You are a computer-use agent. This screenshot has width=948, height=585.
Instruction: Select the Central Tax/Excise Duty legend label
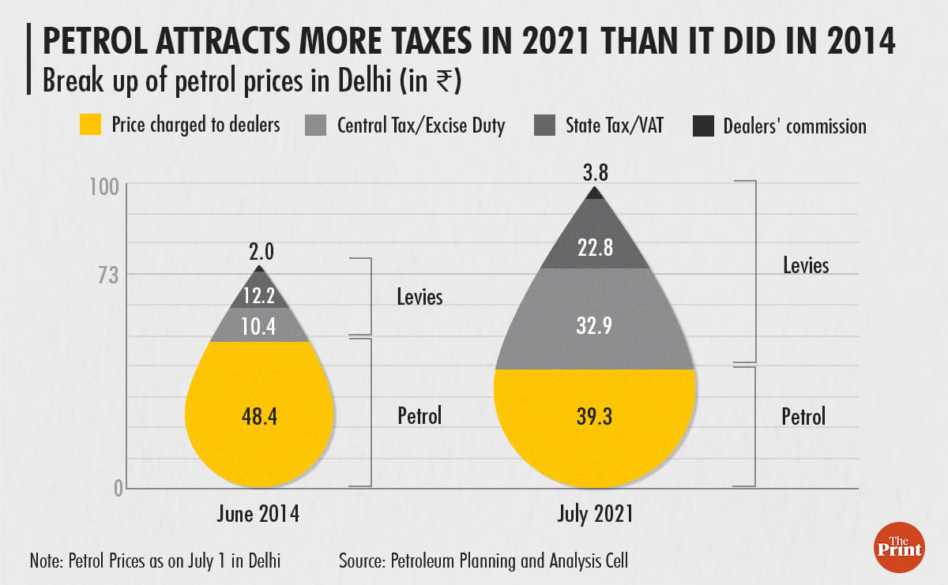(x=420, y=126)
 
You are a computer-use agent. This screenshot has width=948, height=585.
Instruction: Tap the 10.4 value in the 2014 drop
(x=259, y=326)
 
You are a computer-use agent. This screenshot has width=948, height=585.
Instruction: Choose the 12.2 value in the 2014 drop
(x=259, y=297)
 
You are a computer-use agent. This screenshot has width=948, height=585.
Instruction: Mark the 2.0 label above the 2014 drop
(x=259, y=253)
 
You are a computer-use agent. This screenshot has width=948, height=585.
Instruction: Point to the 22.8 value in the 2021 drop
(x=594, y=248)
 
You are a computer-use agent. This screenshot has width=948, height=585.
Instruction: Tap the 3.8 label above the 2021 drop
(x=595, y=171)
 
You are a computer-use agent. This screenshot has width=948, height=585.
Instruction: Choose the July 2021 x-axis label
(x=595, y=515)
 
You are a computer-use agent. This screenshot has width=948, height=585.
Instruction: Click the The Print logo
(x=901, y=545)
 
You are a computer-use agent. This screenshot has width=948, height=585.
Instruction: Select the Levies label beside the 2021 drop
(x=806, y=264)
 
